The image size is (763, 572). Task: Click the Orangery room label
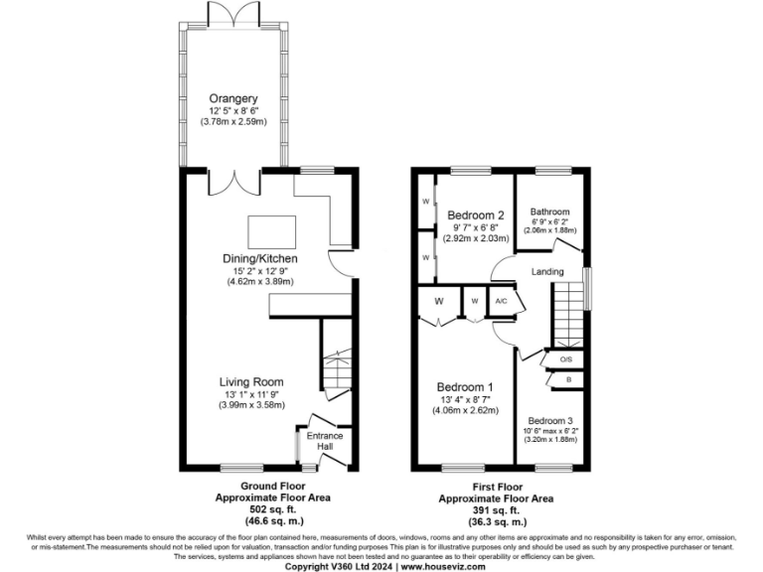pos(233,98)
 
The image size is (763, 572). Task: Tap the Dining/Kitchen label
pos(259,259)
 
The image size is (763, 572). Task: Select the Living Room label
pos(251,381)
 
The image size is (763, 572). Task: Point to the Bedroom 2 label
pos(477,214)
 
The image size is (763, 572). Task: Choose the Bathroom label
pos(549,212)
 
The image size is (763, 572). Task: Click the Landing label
pos(547,271)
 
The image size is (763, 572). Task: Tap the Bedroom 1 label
pos(465,387)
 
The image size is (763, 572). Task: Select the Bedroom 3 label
pos(551,419)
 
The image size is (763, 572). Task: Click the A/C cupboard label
pos(502,301)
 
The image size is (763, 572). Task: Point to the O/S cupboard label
pos(566,359)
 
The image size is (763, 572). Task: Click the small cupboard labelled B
pos(567,379)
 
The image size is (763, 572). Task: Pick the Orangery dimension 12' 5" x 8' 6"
pos(233,110)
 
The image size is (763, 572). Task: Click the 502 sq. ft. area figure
pos(272,508)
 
